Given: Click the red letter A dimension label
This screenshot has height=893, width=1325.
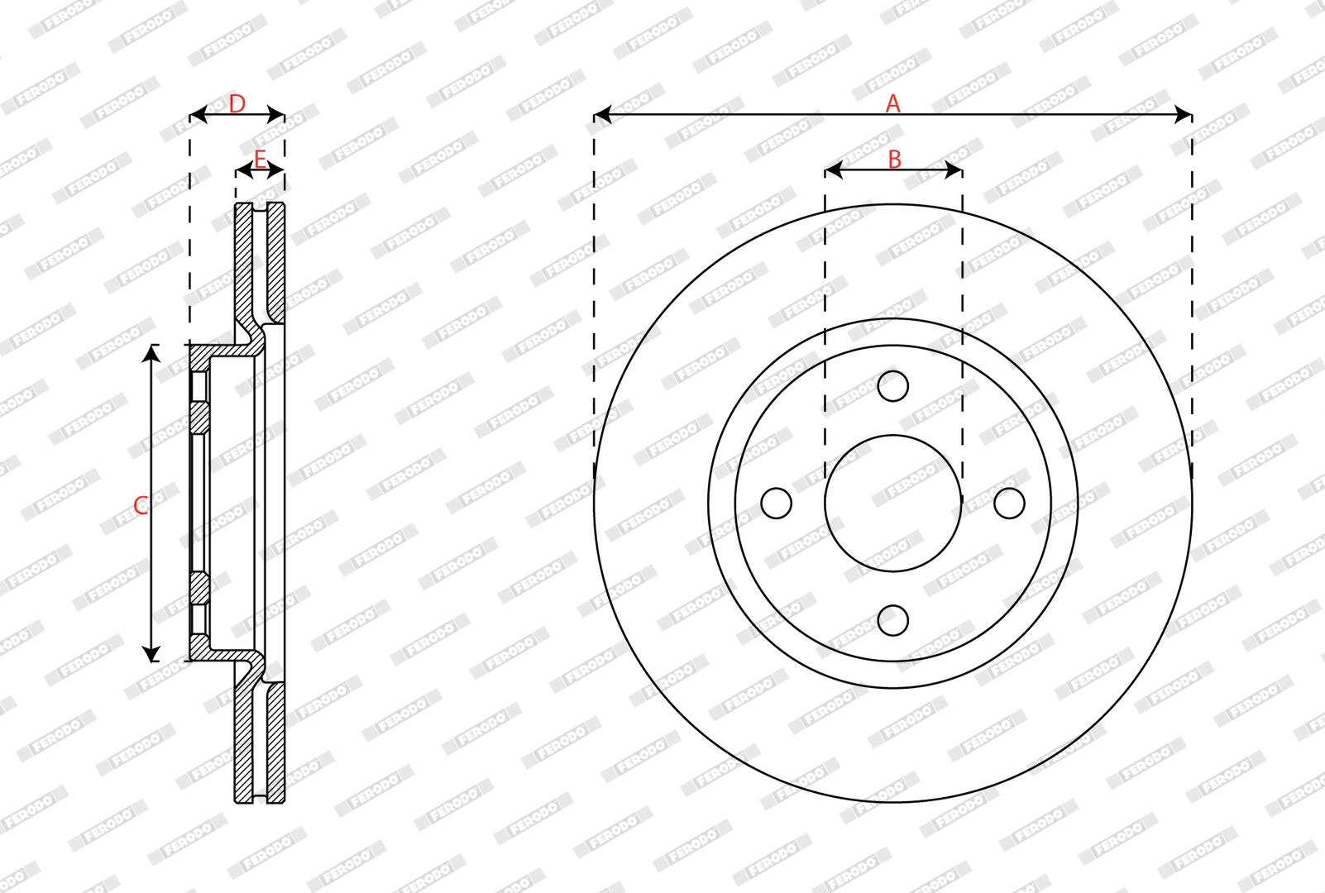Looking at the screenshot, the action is point(892,103).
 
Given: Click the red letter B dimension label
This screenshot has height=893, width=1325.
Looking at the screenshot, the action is point(894,159).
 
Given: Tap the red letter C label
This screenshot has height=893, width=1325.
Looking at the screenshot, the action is point(141,506).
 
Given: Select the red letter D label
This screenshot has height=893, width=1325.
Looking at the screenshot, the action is point(237,104).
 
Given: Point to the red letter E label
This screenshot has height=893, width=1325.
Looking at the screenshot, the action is point(261,159).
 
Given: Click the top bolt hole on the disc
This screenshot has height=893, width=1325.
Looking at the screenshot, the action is point(892,386).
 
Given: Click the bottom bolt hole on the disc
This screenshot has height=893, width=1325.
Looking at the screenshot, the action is point(892,620).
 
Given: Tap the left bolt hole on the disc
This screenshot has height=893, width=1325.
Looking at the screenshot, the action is point(776,504).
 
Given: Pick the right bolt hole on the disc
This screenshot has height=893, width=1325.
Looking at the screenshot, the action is point(1009,504).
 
